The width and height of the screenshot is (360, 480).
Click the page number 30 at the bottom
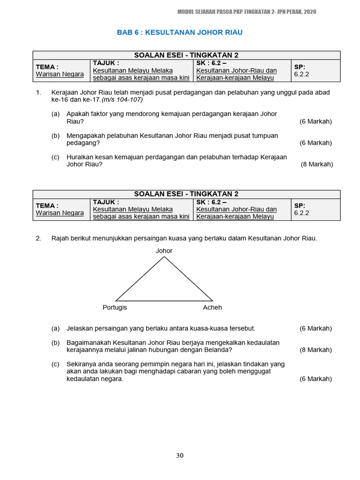(x=180, y=455)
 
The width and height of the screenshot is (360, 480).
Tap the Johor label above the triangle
(x=164, y=251)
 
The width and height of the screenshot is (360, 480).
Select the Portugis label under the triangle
(x=115, y=307)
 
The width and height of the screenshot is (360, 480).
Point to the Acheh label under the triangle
(x=212, y=307)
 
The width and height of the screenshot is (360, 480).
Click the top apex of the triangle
(x=164, y=257)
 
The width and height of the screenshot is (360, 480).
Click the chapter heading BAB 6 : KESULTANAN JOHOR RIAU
(x=180, y=32)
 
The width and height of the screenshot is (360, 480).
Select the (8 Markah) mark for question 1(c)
(x=317, y=164)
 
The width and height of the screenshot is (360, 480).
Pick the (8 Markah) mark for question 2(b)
(x=315, y=350)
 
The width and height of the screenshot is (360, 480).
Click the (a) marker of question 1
(x=56, y=114)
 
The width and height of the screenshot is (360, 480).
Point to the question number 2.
(x=38, y=239)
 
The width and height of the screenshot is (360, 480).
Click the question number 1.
(x=38, y=93)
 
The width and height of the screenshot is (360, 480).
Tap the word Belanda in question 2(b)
(x=220, y=350)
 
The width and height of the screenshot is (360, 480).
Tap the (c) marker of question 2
(x=56, y=364)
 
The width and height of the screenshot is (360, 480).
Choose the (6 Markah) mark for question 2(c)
(x=315, y=379)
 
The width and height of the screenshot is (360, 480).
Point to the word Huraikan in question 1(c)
(x=81, y=157)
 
